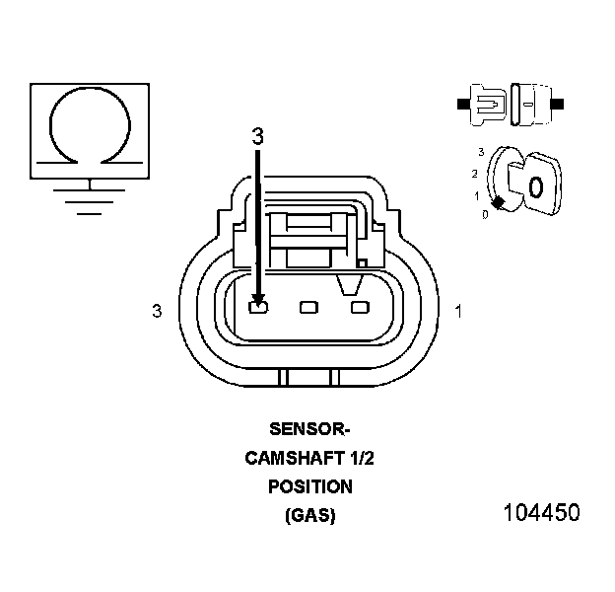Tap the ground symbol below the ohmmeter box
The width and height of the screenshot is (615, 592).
[x=91, y=195]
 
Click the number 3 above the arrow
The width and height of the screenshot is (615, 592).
[x=257, y=138]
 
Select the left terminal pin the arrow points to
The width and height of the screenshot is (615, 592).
[x=258, y=309]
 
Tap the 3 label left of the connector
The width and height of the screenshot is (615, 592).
[x=156, y=312]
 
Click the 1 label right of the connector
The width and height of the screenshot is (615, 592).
[x=458, y=312]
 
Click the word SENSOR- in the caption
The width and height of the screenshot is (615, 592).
[x=309, y=429]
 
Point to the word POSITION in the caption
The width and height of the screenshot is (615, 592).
[x=309, y=486]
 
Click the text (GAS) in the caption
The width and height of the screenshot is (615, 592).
[x=309, y=515]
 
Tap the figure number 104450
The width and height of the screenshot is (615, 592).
[x=541, y=513]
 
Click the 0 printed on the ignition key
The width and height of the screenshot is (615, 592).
[x=535, y=186]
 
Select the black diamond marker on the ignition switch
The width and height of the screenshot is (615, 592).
[x=499, y=202]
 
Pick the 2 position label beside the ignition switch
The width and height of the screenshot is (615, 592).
[x=475, y=174]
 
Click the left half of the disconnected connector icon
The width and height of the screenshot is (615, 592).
[x=485, y=103]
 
